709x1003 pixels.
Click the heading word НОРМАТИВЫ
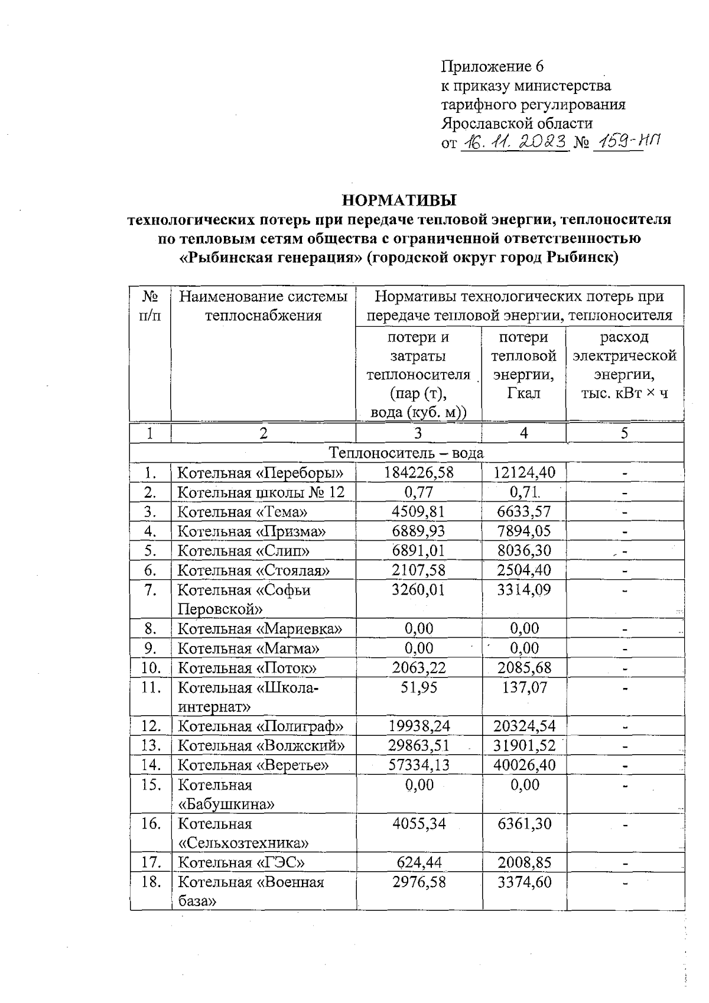(x=399, y=200)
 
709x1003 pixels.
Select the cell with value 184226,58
(x=418, y=473)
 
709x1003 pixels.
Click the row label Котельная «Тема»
(x=243, y=512)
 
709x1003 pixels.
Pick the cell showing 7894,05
(x=524, y=531)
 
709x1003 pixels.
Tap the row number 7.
(x=150, y=590)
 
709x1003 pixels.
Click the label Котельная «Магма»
(x=249, y=648)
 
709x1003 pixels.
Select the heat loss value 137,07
(x=524, y=687)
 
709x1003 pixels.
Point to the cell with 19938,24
(x=418, y=726)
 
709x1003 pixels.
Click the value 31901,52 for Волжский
(x=524, y=745)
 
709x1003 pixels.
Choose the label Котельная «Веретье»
(x=253, y=765)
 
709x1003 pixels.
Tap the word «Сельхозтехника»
(x=243, y=843)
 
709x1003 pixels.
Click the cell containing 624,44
(x=418, y=863)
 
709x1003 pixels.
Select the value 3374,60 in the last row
(x=524, y=882)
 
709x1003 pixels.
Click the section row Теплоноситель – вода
(x=406, y=453)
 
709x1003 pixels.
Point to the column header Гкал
(x=523, y=394)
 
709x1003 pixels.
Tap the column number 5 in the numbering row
(x=624, y=433)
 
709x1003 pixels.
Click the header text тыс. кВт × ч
(x=625, y=394)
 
